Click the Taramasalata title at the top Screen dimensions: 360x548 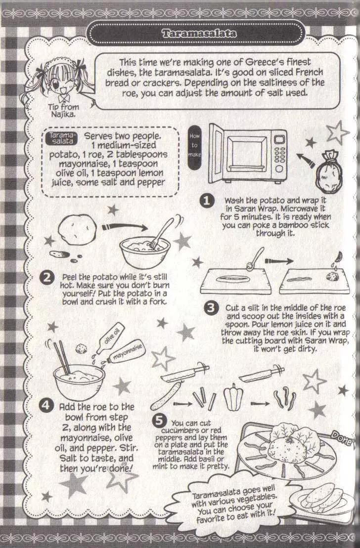click(x=199, y=34)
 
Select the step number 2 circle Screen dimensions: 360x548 click(x=47, y=278)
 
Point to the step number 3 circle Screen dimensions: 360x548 click(x=211, y=308)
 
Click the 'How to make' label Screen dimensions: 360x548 click(x=194, y=145)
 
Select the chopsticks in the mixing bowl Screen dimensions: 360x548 click(x=62, y=357)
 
